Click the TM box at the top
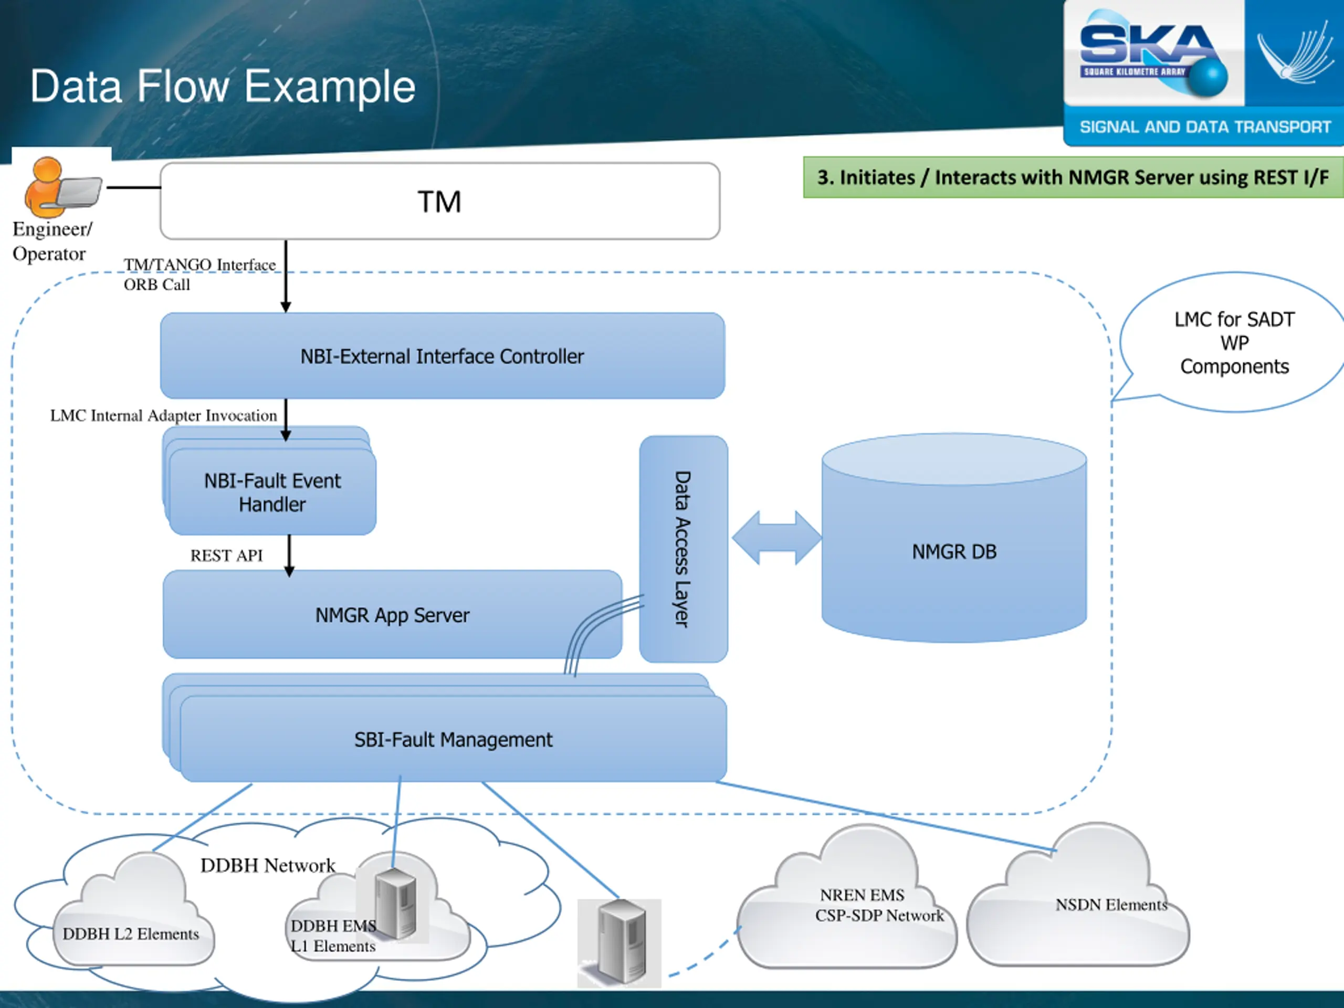tap(440, 201)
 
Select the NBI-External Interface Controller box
tap(443, 356)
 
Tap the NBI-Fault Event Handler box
tap(272, 492)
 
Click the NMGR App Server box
tap(392, 615)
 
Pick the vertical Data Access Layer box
tap(683, 549)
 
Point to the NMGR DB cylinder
tap(954, 551)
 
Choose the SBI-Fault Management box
tap(453, 739)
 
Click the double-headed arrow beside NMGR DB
tap(776, 538)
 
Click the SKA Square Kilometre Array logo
tap(1151, 55)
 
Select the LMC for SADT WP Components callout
tap(1233, 343)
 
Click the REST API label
tap(227, 555)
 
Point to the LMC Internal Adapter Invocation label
tap(163, 416)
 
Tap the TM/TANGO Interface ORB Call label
tap(199, 274)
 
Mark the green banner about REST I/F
tap(1073, 177)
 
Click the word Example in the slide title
tap(330, 86)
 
